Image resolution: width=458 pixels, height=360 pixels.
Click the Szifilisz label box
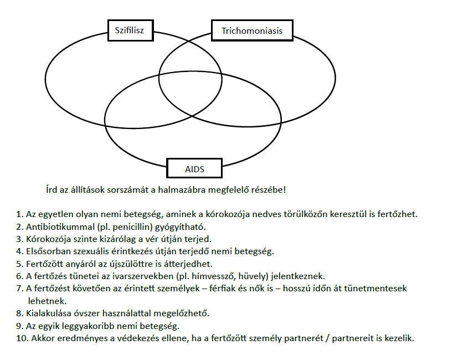(x=129, y=30)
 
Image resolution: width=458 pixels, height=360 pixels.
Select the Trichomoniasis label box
(x=252, y=30)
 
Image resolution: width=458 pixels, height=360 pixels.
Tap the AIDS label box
(x=194, y=169)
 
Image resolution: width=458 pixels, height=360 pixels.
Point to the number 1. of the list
(x=20, y=214)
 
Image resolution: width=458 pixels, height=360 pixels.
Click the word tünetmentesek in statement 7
(x=394, y=288)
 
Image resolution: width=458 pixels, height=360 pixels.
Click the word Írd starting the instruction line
(x=53, y=190)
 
